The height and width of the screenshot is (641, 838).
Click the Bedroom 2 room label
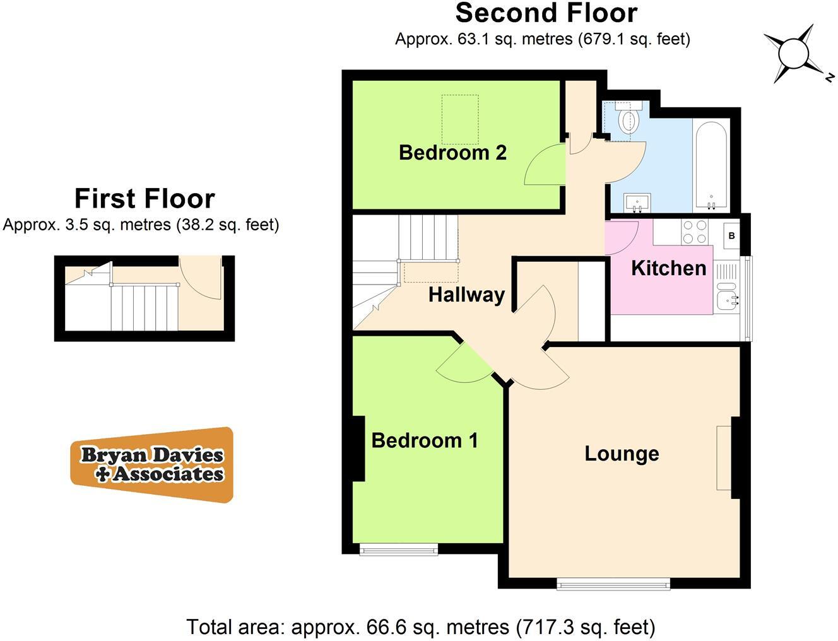point(452,152)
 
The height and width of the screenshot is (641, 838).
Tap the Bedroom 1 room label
point(424,440)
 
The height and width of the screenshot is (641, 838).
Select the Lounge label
point(622,454)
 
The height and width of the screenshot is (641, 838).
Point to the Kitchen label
point(668,268)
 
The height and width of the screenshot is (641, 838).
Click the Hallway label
point(466,295)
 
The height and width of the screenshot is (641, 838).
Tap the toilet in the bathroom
point(629,119)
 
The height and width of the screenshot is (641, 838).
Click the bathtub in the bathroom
point(711,165)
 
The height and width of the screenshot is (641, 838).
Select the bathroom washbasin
point(637,203)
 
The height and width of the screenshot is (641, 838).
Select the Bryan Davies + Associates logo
point(152,465)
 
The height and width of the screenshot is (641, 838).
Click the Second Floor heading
point(546,13)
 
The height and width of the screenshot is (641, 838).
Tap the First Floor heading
point(145,198)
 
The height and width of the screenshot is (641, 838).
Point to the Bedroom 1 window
point(399,550)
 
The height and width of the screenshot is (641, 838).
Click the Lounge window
point(613,584)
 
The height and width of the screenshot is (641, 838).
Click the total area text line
point(421,627)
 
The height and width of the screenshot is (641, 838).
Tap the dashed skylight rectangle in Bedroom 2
point(459,119)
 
